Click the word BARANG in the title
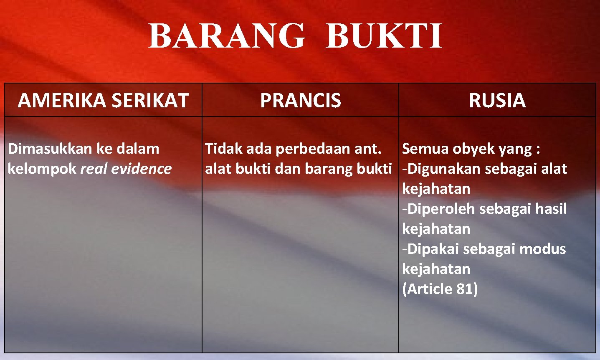click(x=227, y=36)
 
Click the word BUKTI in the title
click(x=384, y=36)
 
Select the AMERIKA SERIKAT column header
click(x=103, y=101)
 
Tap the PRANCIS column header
click(x=300, y=101)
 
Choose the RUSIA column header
click(x=497, y=101)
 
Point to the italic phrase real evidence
click(x=126, y=169)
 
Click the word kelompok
click(x=42, y=169)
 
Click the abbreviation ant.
click(x=368, y=149)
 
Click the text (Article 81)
click(x=440, y=289)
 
